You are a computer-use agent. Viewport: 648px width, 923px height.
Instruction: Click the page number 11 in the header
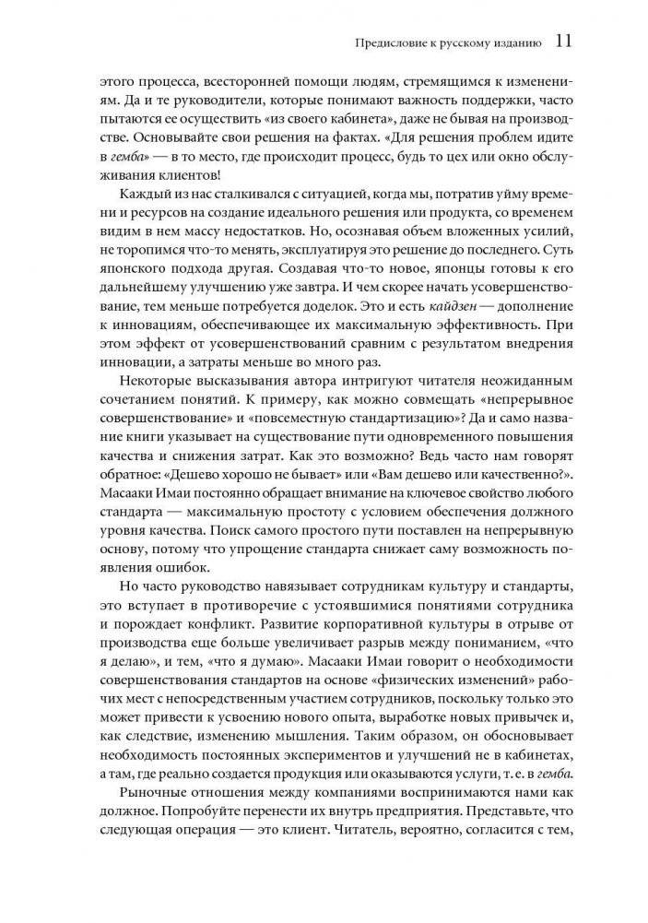click(x=565, y=41)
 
